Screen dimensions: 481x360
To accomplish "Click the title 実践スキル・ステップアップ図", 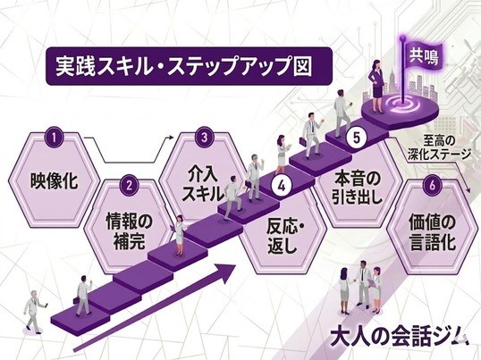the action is pos(183,66).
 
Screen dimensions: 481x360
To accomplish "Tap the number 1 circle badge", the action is pos(55,138).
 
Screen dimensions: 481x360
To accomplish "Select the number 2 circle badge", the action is pos(129,185).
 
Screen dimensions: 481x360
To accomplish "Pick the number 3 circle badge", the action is pos(205,138).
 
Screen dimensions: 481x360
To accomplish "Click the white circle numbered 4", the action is pos(282,187).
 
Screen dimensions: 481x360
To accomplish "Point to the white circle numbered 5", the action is pos(356,138).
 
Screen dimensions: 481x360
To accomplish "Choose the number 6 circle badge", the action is pos(432,186).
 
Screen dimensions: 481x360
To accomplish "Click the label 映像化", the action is pos(54,180).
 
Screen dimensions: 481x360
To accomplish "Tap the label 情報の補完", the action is pos(129,230).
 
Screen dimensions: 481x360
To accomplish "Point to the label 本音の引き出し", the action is pos(357,188).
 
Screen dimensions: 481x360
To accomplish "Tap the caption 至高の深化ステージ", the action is pos(439,147).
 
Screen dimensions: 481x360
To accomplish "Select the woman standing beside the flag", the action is pos(377,87).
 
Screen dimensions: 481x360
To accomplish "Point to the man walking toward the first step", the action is pos(34,312).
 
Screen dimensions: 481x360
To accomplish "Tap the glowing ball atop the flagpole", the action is pos(402,38).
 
